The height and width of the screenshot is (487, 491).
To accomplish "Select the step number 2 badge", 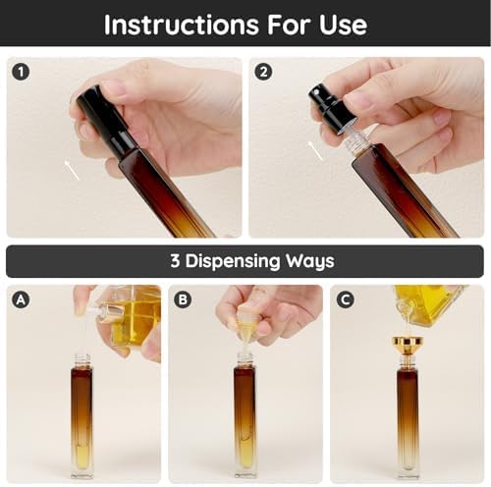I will pyautogui.click(x=262, y=71).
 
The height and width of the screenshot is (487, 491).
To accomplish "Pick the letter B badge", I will pyautogui.click(x=183, y=299).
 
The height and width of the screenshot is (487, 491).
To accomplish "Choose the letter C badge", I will pyautogui.click(x=345, y=299).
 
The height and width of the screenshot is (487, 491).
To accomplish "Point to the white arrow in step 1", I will pyautogui.click(x=73, y=171).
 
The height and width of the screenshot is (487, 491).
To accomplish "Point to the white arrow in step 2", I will pyautogui.click(x=315, y=149).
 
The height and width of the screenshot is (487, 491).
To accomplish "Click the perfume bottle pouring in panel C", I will pyautogui.click(x=429, y=305).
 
